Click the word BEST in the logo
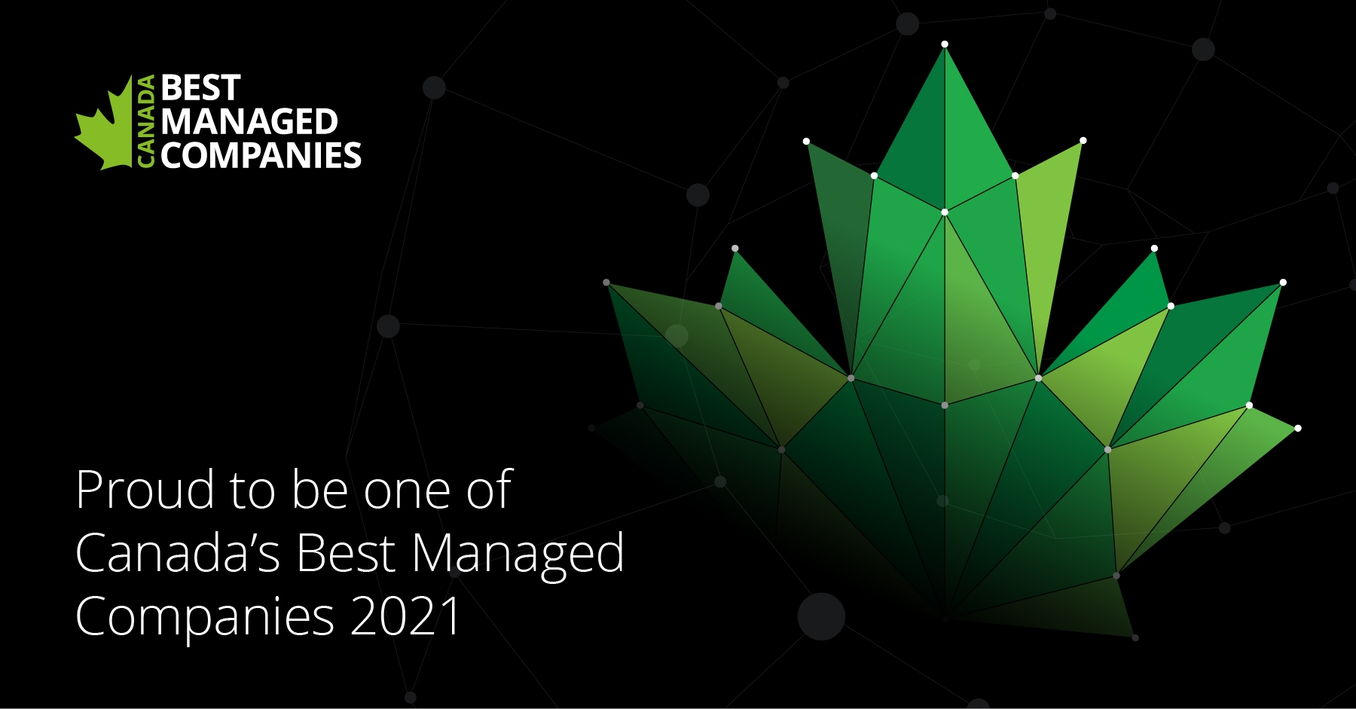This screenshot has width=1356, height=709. click(x=200, y=88)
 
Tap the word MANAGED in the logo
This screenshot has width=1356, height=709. click(x=249, y=122)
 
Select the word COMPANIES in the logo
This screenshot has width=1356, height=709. click(x=261, y=156)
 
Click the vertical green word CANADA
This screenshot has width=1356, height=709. click(x=146, y=121)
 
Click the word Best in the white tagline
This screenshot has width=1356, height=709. click(x=346, y=554)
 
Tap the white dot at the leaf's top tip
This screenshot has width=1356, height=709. click(x=945, y=44)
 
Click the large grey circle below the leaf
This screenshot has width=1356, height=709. click(x=821, y=616)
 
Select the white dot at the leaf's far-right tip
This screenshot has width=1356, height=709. click(x=1298, y=428)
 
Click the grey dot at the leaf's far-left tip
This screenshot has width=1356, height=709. click(x=606, y=283)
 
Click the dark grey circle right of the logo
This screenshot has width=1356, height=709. click(x=434, y=87)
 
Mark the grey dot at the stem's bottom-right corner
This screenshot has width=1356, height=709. click(x=1135, y=637)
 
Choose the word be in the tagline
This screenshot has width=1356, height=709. click(x=319, y=491)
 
